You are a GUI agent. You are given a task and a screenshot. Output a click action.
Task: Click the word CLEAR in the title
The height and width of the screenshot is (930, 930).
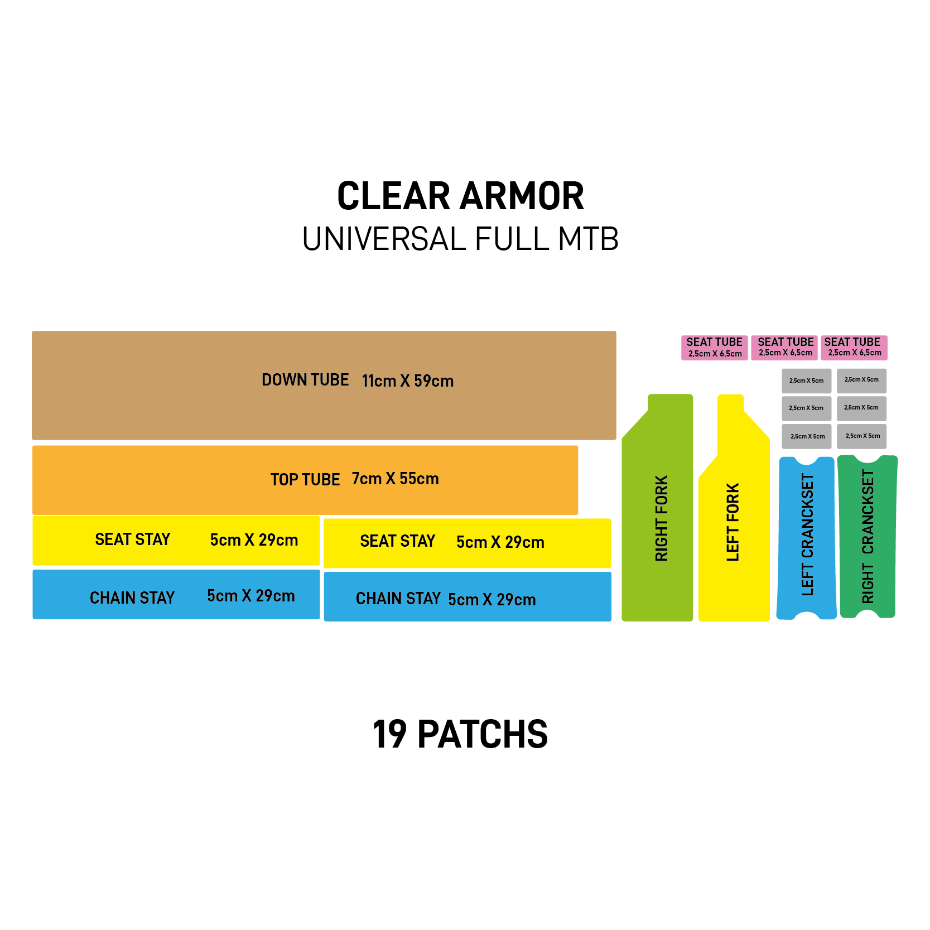pyautogui.click(x=393, y=196)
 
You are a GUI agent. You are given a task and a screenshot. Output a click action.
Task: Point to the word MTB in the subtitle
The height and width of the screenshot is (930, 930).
pyautogui.click(x=588, y=239)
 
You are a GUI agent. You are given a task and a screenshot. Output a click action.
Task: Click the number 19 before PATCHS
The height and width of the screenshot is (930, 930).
pyautogui.click(x=389, y=734)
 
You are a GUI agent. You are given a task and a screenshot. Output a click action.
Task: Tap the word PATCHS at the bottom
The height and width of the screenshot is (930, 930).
pyautogui.click(x=483, y=734)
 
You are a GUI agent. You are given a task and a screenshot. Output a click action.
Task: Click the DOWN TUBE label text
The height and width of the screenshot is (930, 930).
pyautogui.click(x=305, y=380)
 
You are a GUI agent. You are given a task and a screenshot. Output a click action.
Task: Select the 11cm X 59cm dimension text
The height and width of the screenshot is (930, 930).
pyautogui.click(x=408, y=381)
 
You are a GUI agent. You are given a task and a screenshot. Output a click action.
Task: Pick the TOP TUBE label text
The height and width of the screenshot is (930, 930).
pyautogui.click(x=305, y=479)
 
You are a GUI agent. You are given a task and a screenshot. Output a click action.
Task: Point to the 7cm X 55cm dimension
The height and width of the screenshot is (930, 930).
pyautogui.click(x=396, y=479)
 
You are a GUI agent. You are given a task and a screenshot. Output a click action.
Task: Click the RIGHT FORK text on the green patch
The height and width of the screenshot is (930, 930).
pyautogui.click(x=661, y=518)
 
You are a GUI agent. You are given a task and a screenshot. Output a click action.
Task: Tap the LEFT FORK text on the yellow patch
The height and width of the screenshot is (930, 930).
pyautogui.click(x=733, y=522)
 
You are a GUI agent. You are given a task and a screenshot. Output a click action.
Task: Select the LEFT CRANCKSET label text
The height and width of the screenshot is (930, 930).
pyautogui.click(x=807, y=534)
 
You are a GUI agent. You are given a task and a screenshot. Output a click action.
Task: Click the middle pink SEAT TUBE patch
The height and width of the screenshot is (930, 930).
pyautogui.click(x=784, y=348)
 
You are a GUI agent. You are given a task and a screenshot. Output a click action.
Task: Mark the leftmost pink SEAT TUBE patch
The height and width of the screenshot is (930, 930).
pyautogui.click(x=714, y=348)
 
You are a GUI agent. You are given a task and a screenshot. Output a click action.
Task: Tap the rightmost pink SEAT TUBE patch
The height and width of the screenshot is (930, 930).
pyautogui.click(x=854, y=348)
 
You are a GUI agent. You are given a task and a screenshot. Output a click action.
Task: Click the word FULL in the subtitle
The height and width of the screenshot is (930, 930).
pyautogui.click(x=512, y=239)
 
